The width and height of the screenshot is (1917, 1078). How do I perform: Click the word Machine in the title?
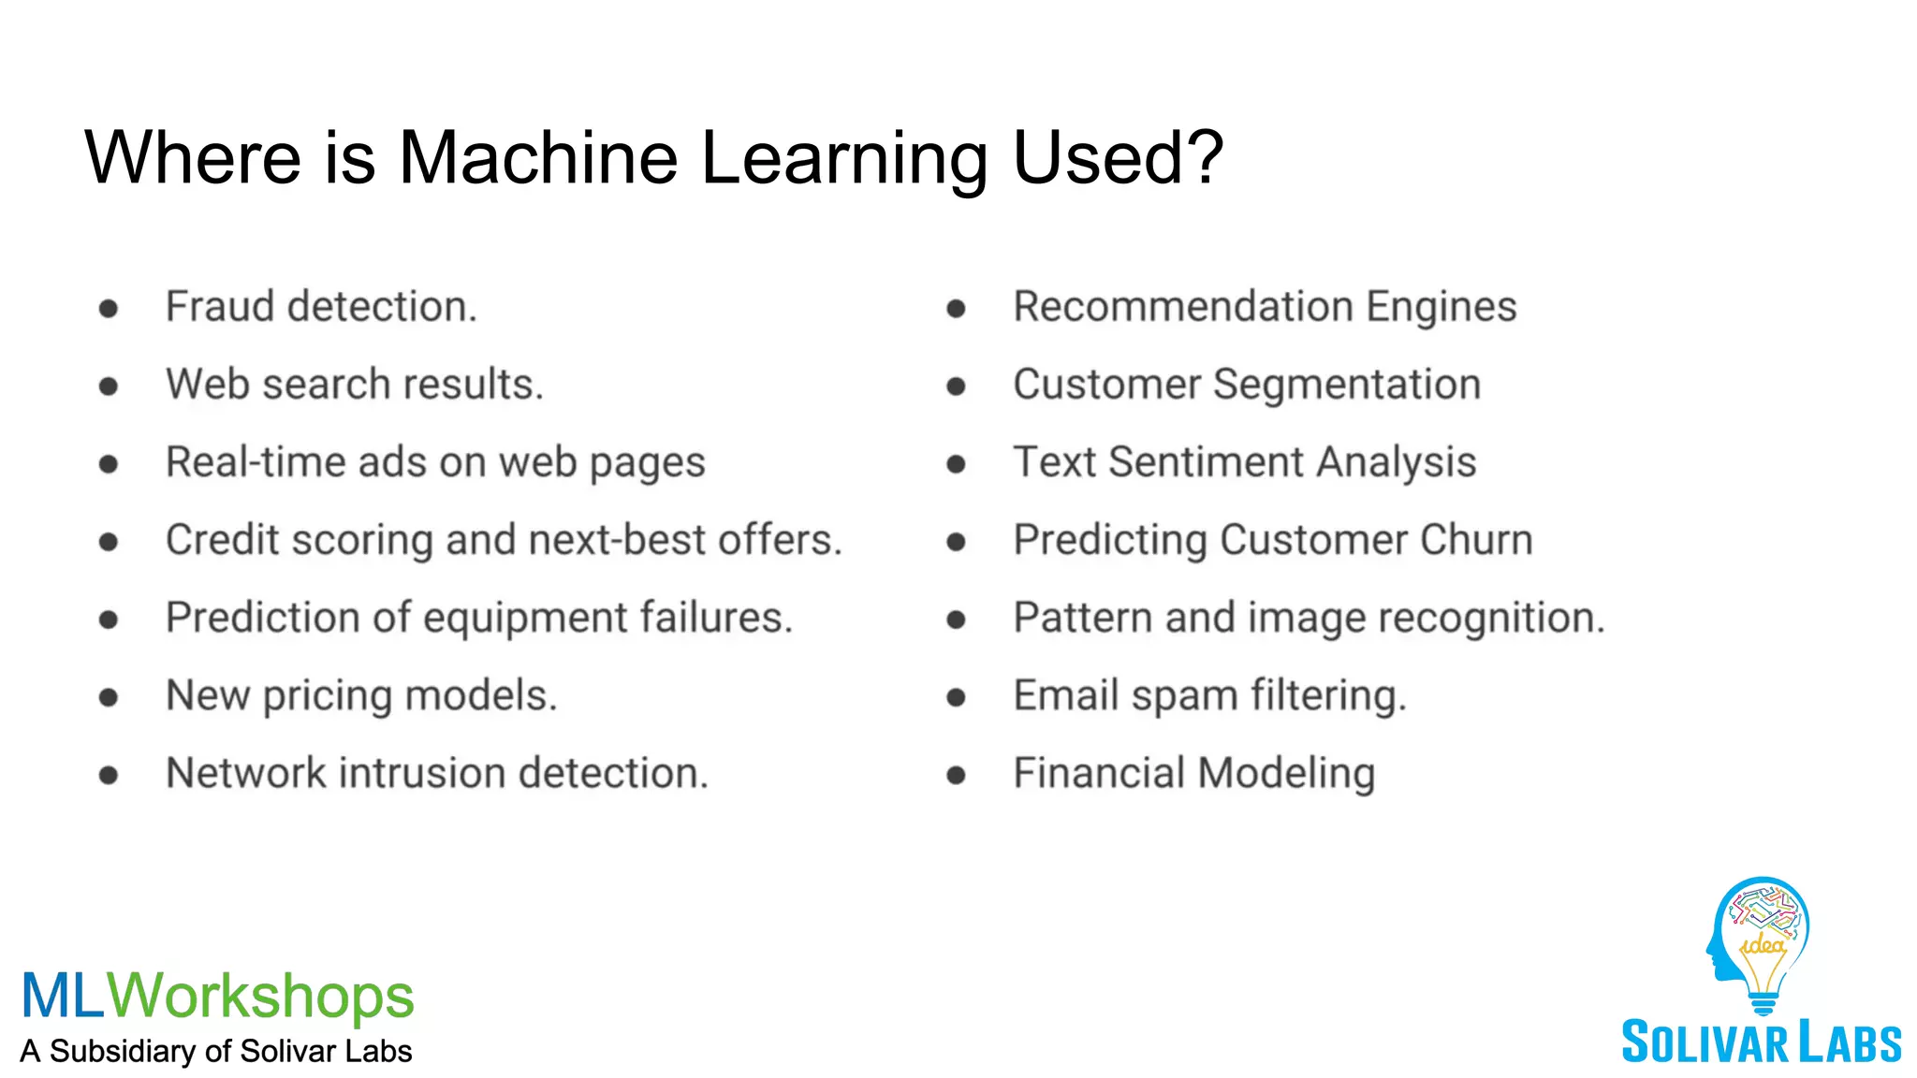pos(538,157)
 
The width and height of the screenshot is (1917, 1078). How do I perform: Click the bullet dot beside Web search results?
pos(109,386)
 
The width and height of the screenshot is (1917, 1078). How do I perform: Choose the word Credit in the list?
pos(222,540)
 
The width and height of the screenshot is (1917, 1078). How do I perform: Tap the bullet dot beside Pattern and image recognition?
pos(956,619)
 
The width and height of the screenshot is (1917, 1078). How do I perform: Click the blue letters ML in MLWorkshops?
pos(63,996)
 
